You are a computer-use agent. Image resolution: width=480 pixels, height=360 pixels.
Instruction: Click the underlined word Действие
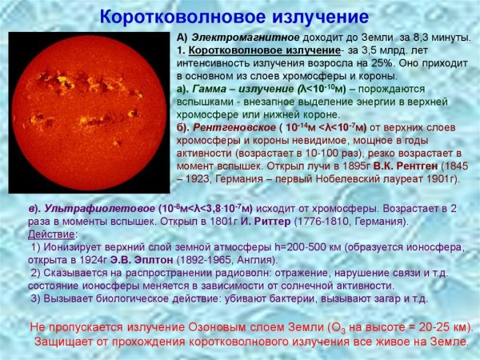tap(51, 234)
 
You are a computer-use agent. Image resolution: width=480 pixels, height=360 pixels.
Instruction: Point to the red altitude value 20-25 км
tap(437, 328)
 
